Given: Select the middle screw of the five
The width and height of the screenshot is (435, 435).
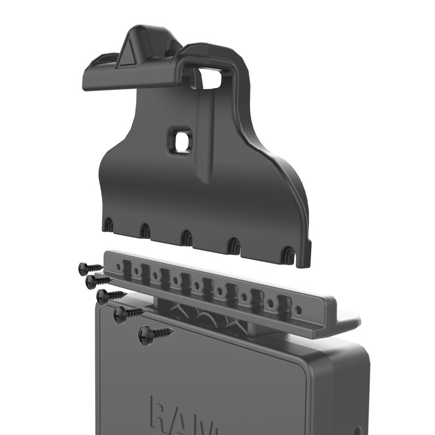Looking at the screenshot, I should [x=103, y=296].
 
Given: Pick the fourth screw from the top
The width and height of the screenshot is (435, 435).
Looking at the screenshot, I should [x=120, y=314].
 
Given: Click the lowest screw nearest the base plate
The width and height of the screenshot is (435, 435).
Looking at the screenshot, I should [x=146, y=335].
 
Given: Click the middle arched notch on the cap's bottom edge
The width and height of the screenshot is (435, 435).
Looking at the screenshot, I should [x=187, y=238].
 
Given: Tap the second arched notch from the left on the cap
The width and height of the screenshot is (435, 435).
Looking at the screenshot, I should [x=145, y=231].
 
